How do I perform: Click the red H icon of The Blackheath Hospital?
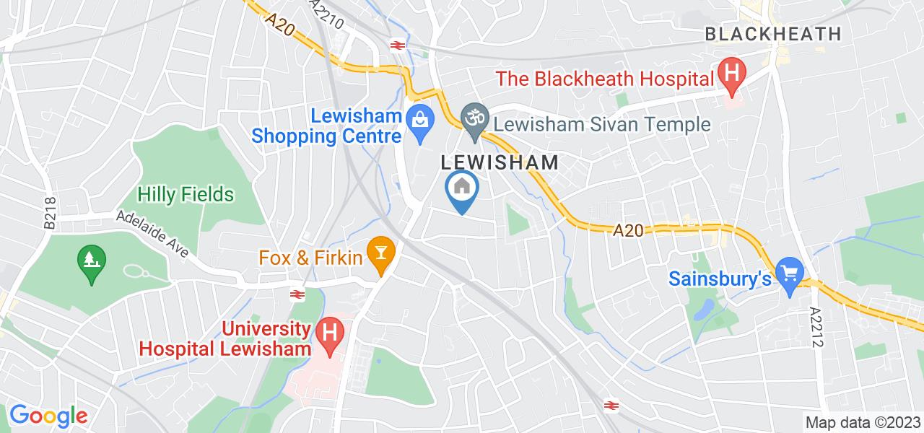(x=731, y=74)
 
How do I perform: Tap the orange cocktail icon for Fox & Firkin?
(x=378, y=253)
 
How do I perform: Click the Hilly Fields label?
(x=186, y=194)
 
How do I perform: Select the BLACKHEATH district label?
(x=772, y=33)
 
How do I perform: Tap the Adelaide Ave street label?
(x=153, y=235)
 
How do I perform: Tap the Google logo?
(x=48, y=416)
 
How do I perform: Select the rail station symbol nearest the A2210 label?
(x=396, y=45)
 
